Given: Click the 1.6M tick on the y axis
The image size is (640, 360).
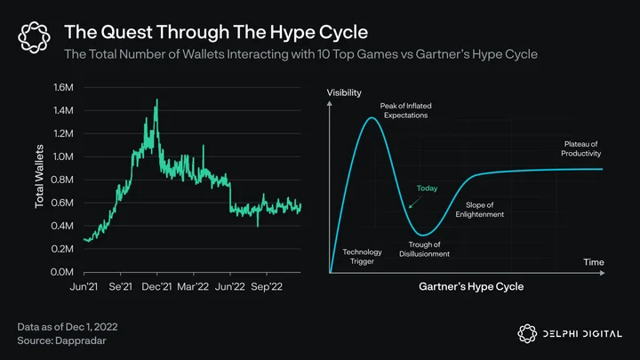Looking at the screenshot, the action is point(63,87).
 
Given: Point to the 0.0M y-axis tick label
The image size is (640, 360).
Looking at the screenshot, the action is point(62,272).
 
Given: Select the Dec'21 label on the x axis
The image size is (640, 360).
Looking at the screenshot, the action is point(156,286).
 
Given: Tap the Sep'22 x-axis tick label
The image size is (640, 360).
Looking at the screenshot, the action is point(267,286).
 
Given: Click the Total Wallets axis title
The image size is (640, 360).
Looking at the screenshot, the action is point(39,176).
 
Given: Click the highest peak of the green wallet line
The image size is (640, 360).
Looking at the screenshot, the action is point(157,100).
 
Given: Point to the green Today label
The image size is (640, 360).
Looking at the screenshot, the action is point(427,188).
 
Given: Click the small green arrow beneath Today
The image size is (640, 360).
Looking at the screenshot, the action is point(415,203).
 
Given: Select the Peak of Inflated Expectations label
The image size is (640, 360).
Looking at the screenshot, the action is point(405,110).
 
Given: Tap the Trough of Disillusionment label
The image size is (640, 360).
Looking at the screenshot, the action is point(425,249).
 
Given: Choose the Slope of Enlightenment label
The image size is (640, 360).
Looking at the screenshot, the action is point(480,210).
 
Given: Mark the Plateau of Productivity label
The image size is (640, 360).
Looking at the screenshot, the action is point(580,148).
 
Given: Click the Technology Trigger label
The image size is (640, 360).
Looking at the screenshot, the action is point(362,257).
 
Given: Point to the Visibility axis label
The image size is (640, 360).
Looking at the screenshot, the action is point(344,92).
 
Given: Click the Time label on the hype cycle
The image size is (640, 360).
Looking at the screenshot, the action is point(594,262).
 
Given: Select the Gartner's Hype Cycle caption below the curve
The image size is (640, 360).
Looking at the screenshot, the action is point(471,286).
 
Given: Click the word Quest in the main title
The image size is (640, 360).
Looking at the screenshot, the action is point(126,32).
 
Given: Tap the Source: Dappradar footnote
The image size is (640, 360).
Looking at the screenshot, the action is point(61,340).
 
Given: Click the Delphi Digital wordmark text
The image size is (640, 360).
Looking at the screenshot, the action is point(582,334).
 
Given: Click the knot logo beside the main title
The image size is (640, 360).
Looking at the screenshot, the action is point(35,37).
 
